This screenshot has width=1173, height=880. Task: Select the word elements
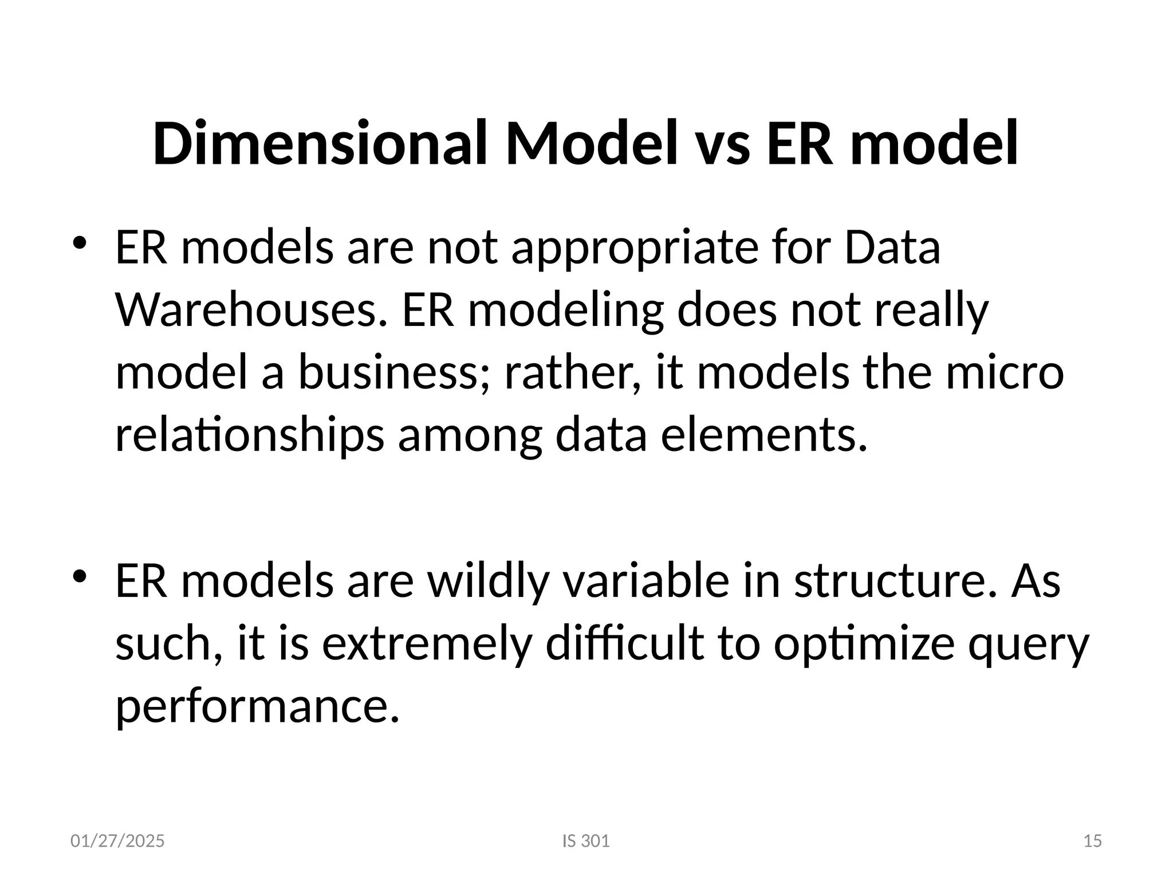tap(764, 435)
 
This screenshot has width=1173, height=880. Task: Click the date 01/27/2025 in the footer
tap(117, 841)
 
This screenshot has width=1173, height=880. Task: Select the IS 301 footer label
tap(586, 841)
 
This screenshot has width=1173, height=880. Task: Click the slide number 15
tap(1093, 841)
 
